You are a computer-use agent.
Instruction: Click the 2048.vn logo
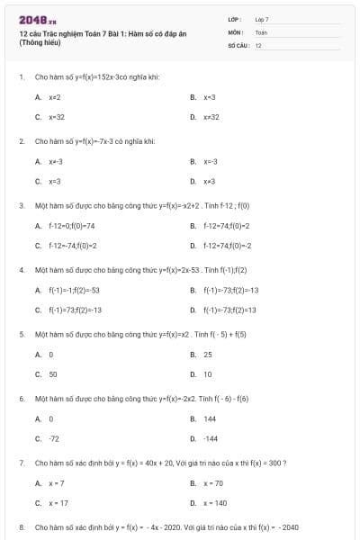[x=32, y=19]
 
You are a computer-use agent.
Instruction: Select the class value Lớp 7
[x=262, y=19]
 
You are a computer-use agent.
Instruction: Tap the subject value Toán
[x=261, y=31]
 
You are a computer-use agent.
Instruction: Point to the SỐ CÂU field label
[x=237, y=44]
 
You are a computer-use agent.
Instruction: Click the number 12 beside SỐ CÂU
[x=258, y=44]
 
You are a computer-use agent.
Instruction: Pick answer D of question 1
[x=211, y=116]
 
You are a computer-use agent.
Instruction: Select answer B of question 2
[x=210, y=161]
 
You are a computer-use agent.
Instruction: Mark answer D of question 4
[x=229, y=310]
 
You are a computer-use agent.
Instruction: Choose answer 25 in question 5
[x=208, y=355]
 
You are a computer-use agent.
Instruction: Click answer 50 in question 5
[x=52, y=373]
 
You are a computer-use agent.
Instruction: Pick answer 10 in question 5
[x=208, y=373]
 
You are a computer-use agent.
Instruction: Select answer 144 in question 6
[x=210, y=418]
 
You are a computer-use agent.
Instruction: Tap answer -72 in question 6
[x=53, y=438]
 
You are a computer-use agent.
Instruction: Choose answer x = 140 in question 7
[x=214, y=503]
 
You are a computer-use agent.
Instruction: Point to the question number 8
[x=21, y=527]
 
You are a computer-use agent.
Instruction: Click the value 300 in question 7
[x=275, y=463]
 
